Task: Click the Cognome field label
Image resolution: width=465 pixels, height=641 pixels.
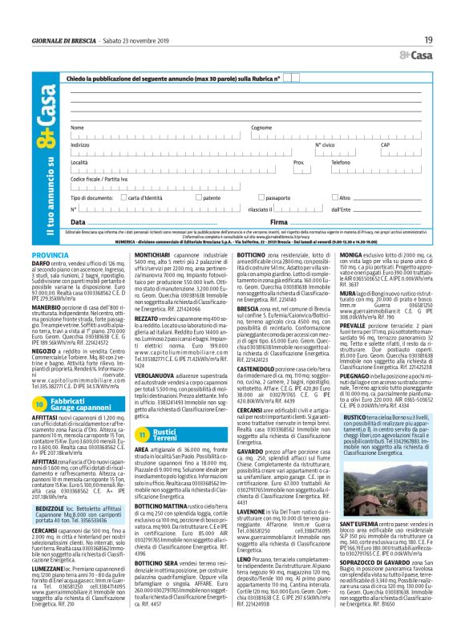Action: pos(261,128)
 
